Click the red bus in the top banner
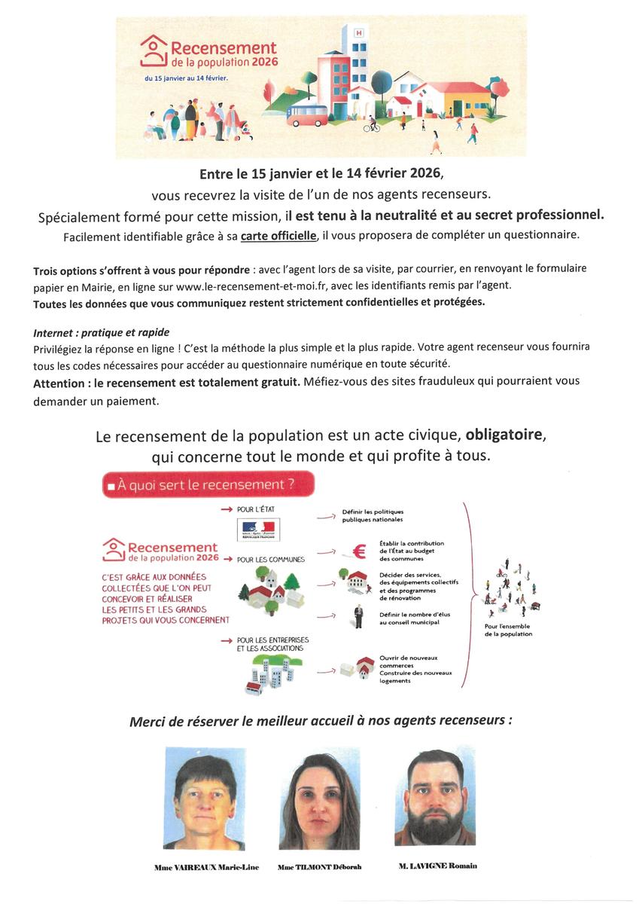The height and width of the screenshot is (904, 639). (306, 115)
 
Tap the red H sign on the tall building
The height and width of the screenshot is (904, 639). (358, 33)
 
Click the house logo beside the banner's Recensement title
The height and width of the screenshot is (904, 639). (154, 50)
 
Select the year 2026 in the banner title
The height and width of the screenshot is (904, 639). (263, 63)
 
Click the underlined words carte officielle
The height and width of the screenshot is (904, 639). (278, 235)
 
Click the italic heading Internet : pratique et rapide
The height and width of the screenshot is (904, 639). (102, 332)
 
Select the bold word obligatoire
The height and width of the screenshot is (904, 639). (503, 435)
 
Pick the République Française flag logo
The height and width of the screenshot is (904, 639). (258, 529)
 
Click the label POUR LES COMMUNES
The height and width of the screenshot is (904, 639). (270, 559)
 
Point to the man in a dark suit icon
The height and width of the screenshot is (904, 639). (359, 615)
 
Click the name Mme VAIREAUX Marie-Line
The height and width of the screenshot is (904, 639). (207, 867)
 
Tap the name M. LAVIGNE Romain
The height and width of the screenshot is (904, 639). (437, 866)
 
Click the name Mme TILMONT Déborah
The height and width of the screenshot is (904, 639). (319, 867)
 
